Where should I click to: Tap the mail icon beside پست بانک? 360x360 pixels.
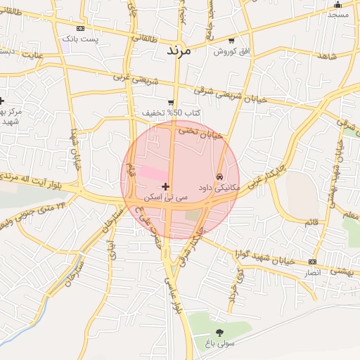point(80,28)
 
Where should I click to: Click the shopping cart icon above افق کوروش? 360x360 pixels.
point(231,41)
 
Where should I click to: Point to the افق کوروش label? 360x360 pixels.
point(228,52)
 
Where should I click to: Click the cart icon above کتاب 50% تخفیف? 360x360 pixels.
point(171,103)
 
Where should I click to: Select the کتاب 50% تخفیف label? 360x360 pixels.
point(172,113)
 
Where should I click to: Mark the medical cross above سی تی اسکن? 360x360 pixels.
point(165,186)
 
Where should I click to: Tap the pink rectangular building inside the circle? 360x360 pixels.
point(153,172)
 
